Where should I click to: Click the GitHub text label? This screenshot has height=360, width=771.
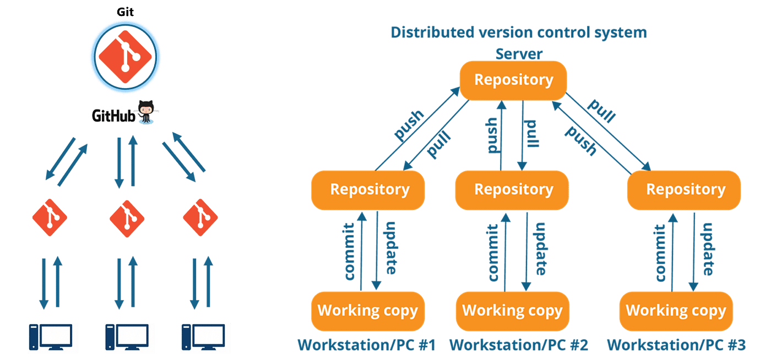[114, 116]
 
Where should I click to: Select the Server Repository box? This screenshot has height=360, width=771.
[513, 80]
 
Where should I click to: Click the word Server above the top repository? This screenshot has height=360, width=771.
[519, 54]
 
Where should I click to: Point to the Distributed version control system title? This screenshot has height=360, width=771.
[518, 32]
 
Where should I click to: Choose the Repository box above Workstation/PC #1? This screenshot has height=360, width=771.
[369, 190]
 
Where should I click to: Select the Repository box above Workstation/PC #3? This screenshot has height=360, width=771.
[685, 190]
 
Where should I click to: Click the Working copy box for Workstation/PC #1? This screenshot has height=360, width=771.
[367, 311]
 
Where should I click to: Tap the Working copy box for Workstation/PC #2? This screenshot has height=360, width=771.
[512, 311]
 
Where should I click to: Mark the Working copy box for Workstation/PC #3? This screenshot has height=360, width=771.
[676, 311]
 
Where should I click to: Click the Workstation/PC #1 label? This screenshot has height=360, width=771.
[367, 345]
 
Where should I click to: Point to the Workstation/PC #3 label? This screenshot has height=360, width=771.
[676, 345]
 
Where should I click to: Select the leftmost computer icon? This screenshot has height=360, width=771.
[53, 337]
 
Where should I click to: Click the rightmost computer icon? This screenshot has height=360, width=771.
[205, 337]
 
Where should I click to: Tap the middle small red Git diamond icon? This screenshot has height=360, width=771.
[127, 217]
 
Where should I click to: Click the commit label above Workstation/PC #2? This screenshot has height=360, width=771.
[493, 252]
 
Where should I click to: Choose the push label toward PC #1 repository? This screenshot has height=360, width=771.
[409, 126]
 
